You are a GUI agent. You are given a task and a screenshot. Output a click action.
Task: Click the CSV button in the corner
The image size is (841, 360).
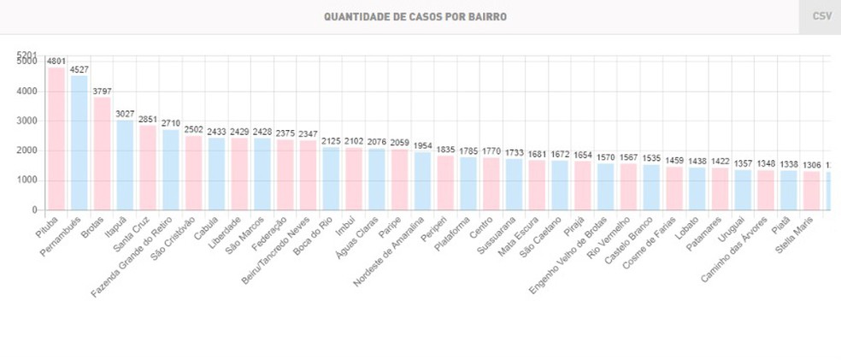click(x=820, y=16)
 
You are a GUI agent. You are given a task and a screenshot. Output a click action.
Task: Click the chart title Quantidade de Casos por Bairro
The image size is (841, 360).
click(x=409, y=16)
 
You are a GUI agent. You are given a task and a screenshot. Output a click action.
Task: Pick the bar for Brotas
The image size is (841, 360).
click(x=102, y=154)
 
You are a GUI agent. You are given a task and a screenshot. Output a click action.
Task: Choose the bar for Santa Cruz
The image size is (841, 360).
click(x=148, y=168)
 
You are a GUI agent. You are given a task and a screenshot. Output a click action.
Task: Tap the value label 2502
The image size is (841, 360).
click(x=194, y=129)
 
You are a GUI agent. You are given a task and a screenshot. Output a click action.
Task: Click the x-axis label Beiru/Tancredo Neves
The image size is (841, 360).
click(x=275, y=248)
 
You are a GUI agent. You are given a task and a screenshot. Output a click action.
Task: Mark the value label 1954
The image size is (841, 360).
click(x=423, y=145)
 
